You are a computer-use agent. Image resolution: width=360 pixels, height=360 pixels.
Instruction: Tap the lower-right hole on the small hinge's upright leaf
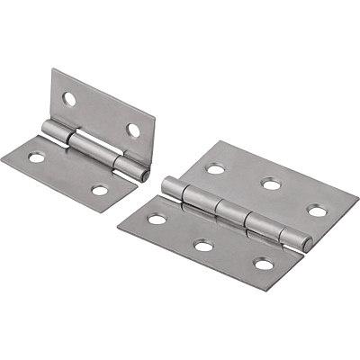[133, 130]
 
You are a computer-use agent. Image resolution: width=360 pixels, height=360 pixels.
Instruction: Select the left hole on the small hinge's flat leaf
[37, 157]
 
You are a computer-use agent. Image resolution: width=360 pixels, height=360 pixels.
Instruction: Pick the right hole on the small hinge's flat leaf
[100, 190]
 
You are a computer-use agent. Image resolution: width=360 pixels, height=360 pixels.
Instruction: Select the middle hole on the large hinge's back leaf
[268, 184]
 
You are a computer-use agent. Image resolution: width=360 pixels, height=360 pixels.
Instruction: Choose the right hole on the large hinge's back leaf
[317, 211]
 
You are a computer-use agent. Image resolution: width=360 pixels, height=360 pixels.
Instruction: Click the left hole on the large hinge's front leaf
[157, 218]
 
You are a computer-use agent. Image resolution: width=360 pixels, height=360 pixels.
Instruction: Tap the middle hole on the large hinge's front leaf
[204, 245]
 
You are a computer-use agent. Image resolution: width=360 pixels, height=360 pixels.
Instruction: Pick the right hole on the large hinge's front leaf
[263, 264]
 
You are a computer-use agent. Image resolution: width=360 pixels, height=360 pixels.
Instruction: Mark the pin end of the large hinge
[309, 244]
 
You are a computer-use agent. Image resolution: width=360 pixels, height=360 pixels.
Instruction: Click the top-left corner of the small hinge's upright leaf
[53, 69]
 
